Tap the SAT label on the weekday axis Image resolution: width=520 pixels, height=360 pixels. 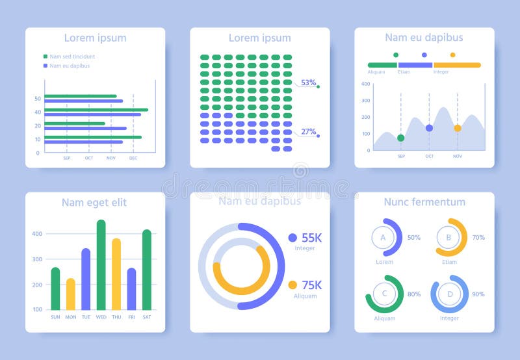coord(146,317)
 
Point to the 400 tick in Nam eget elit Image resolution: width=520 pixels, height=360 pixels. coord(37,233)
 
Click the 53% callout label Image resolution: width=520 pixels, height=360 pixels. coord(308,83)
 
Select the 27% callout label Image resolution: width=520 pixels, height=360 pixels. coord(308,131)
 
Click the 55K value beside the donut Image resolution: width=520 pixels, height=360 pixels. coord(311,238)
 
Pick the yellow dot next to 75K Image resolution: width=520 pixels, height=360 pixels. coord(292,285)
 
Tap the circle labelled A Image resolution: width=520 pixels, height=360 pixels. coord(383,237)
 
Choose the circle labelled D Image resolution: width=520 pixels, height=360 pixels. coord(449,294)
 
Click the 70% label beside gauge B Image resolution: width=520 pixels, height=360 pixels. coord(478,237)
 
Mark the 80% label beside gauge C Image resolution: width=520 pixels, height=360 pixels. coord(413,294)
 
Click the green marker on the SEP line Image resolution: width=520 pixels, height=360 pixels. coord(400,138)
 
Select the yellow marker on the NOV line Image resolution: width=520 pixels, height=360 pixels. coord(458,128)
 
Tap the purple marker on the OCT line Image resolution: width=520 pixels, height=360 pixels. coord(429,128)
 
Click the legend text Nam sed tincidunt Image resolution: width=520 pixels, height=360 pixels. coord(72,57)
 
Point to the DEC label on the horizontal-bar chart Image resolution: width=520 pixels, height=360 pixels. coord(133,158)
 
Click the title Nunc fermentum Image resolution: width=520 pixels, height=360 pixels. coord(424,201)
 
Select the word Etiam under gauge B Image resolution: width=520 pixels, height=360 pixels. coord(449,262)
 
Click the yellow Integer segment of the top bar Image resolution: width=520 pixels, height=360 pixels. coord(457,65)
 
